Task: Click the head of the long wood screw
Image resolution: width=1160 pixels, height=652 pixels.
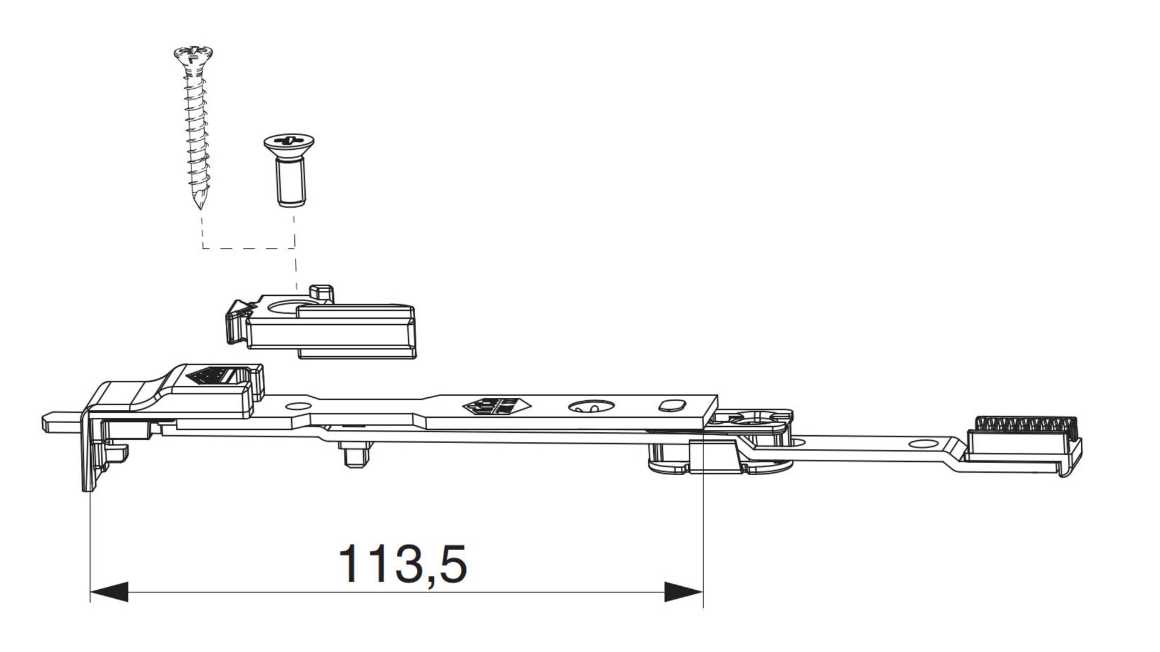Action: click(193, 56)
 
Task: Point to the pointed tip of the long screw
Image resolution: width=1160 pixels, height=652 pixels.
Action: click(199, 207)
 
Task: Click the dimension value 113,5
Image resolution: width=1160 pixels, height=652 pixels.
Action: click(402, 564)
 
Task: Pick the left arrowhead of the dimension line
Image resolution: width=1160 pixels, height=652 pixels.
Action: click(109, 592)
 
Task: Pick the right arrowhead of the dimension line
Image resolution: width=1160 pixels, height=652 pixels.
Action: click(684, 592)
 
